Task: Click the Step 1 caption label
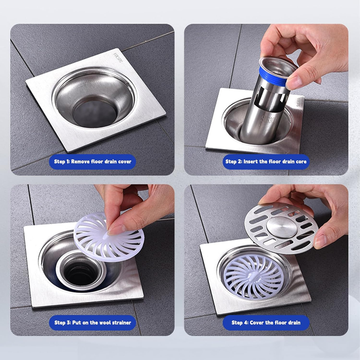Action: tap(93, 162)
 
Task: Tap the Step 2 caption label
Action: tap(266, 162)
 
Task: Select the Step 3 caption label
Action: tap(93, 323)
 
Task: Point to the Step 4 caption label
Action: tap(266, 323)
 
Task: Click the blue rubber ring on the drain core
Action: tap(273, 76)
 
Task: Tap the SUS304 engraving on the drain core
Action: tap(269, 120)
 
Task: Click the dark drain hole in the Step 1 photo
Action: tap(95, 113)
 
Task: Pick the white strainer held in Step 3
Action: tap(109, 237)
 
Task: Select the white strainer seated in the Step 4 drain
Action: tap(254, 276)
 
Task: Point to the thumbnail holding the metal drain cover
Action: tap(320, 241)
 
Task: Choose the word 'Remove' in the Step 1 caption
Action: tap(81, 162)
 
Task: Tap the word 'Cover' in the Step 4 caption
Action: tap(257, 323)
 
